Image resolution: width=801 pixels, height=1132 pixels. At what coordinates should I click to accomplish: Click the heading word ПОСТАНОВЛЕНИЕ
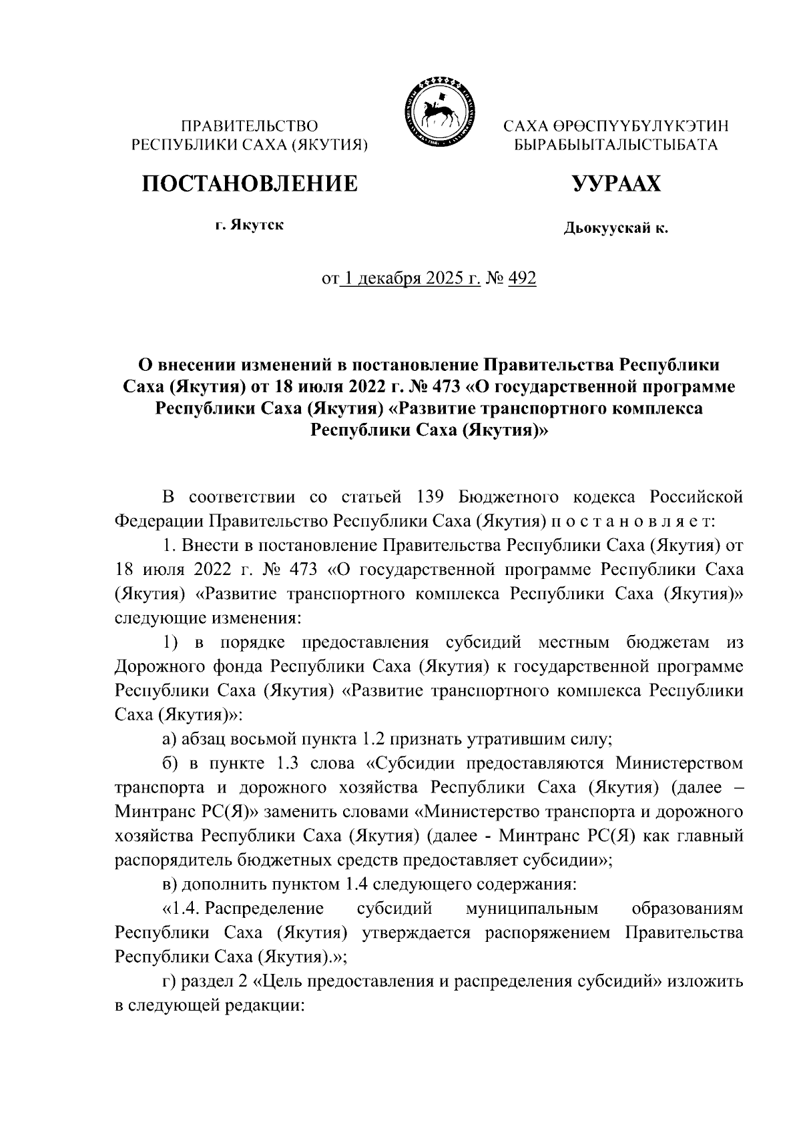coord(248,183)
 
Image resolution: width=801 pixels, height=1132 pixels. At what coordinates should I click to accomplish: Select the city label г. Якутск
coord(249,225)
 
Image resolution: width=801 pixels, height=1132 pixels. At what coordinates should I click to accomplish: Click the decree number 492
coord(522,278)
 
